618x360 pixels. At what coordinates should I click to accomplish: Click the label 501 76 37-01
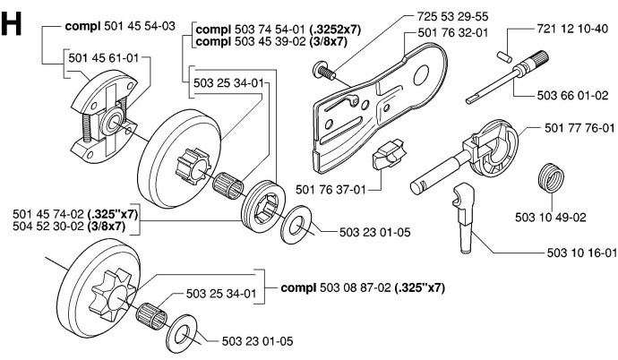point(330,188)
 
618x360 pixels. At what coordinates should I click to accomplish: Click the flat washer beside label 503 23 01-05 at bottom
point(187,327)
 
